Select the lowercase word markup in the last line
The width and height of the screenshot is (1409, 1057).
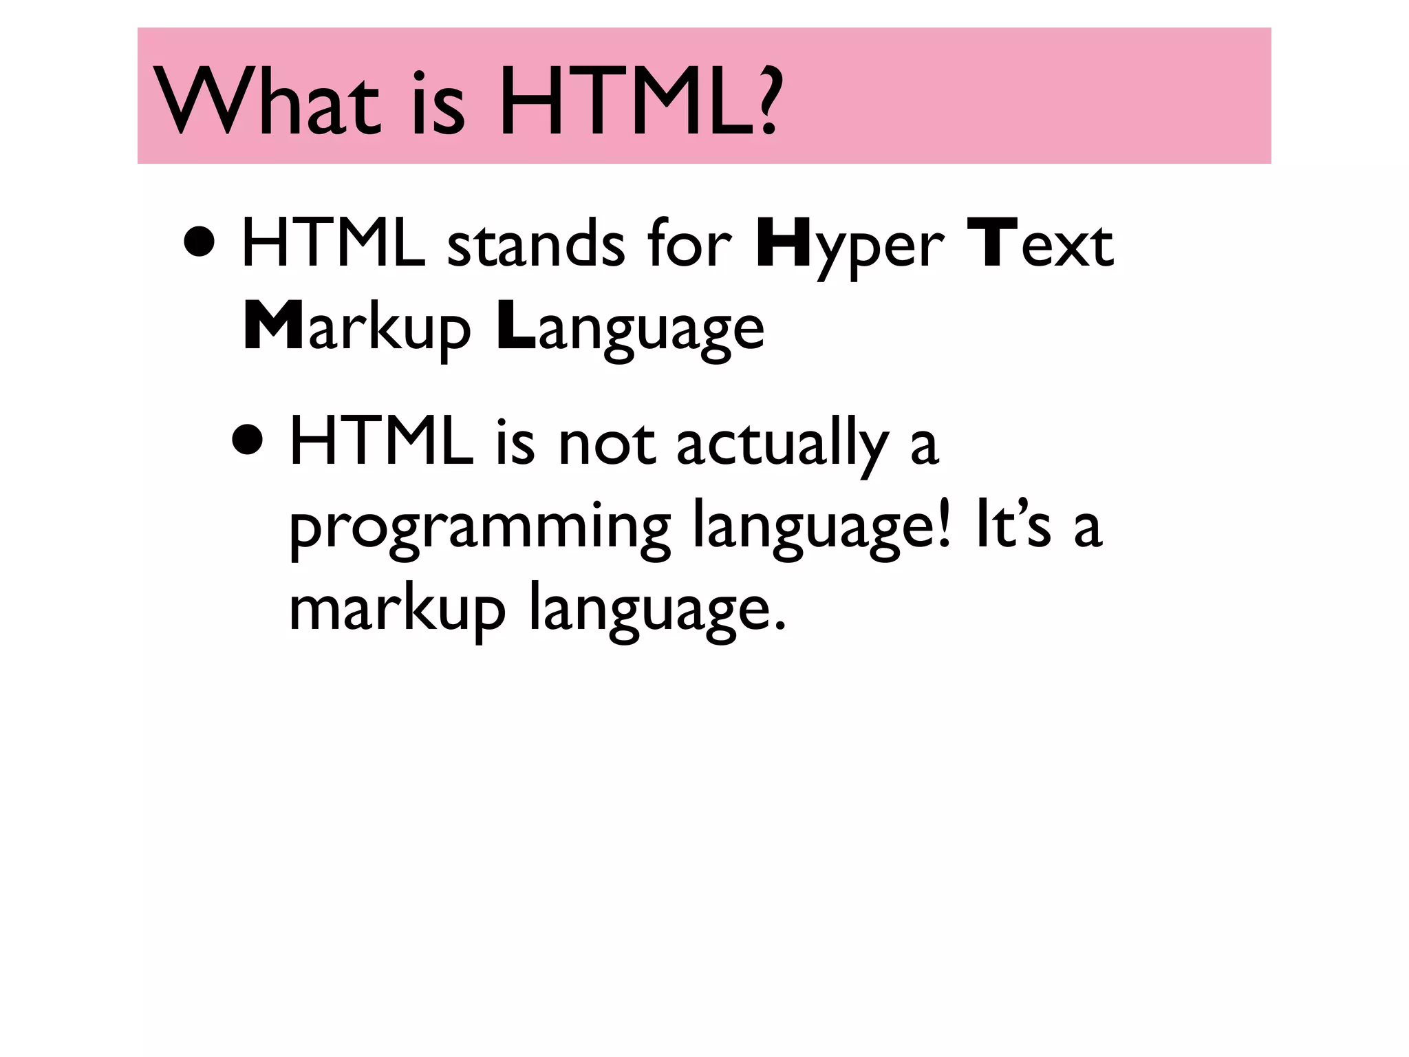pos(397,610)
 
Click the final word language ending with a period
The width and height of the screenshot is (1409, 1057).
pos(657,610)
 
